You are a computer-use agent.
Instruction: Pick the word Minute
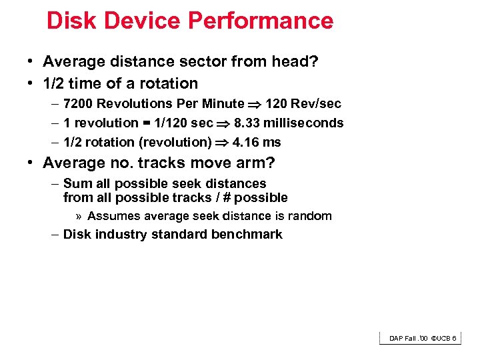tap(223, 103)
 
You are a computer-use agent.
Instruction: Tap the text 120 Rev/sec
tap(303, 103)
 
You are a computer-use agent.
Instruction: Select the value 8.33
tap(248, 123)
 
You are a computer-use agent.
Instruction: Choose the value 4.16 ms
tap(257, 142)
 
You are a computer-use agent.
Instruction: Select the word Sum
tap(75, 183)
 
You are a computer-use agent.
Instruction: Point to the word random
tap(310, 216)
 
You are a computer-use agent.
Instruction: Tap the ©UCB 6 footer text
tap(443, 339)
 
